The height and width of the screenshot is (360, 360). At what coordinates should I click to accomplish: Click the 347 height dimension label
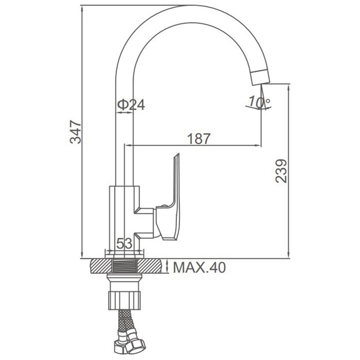coord(76,132)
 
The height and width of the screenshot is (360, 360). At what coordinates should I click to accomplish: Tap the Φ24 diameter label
coord(131,105)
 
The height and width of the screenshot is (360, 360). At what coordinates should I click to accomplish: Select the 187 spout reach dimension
coord(199,139)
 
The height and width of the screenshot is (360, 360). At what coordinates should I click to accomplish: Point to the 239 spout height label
coord(281,171)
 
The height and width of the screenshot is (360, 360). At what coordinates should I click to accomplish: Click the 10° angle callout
coord(259,102)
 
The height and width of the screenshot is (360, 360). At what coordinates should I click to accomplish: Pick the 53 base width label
coord(124,243)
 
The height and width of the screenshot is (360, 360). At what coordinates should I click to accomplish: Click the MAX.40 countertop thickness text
coord(200,267)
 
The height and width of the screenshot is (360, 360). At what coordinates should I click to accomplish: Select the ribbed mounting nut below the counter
coord(124,300)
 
